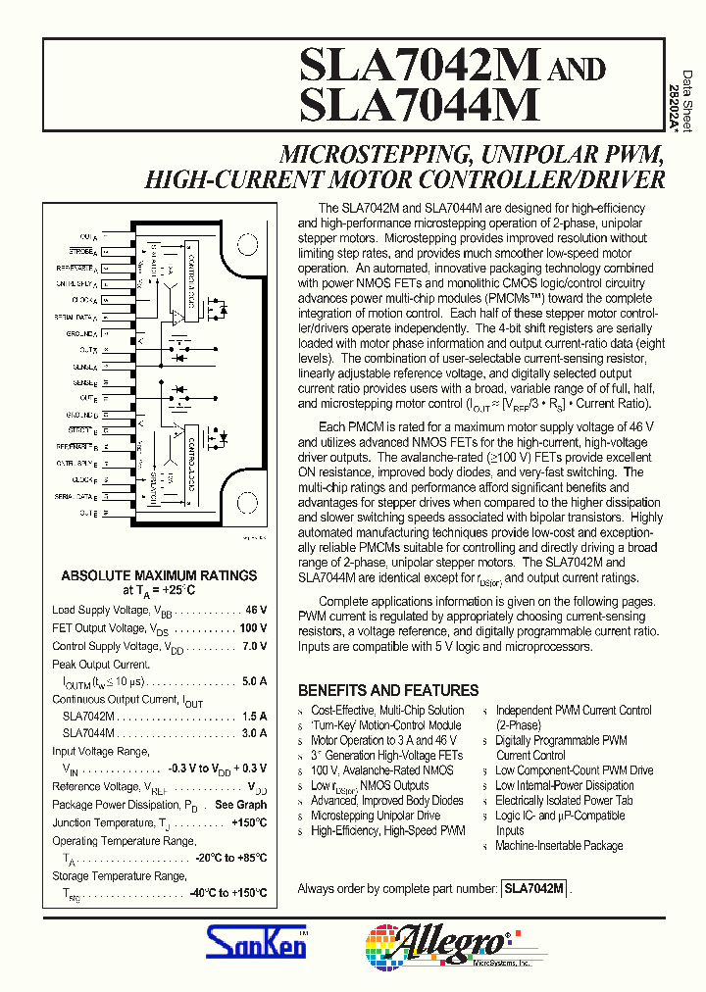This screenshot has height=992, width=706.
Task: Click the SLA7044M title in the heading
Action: point(420,105)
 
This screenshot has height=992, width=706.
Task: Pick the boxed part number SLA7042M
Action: point(533,888)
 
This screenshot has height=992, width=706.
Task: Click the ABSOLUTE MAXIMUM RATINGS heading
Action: point(159,576)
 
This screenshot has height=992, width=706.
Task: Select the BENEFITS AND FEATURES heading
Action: point(388,690)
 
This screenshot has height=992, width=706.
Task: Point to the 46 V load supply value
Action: point(256,610)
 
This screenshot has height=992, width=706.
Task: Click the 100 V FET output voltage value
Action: point(252,628)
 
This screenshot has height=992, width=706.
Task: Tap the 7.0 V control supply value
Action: point(254,647)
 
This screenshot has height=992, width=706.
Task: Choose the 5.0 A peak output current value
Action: point(254,680)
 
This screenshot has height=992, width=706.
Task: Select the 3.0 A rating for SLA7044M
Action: point(254,733)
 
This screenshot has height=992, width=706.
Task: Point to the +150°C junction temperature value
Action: point(249,823)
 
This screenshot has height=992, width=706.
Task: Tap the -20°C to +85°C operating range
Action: point(230,858)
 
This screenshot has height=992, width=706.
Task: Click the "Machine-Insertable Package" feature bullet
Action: point(559,846)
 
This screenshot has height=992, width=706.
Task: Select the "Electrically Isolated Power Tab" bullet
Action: point(564,801)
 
